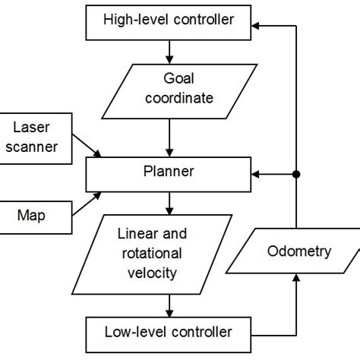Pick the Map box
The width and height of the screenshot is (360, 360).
tap(33, 215)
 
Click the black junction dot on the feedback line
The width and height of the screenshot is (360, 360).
tap(297, 175)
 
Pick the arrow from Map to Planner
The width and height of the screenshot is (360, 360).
tap(84, 203)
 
